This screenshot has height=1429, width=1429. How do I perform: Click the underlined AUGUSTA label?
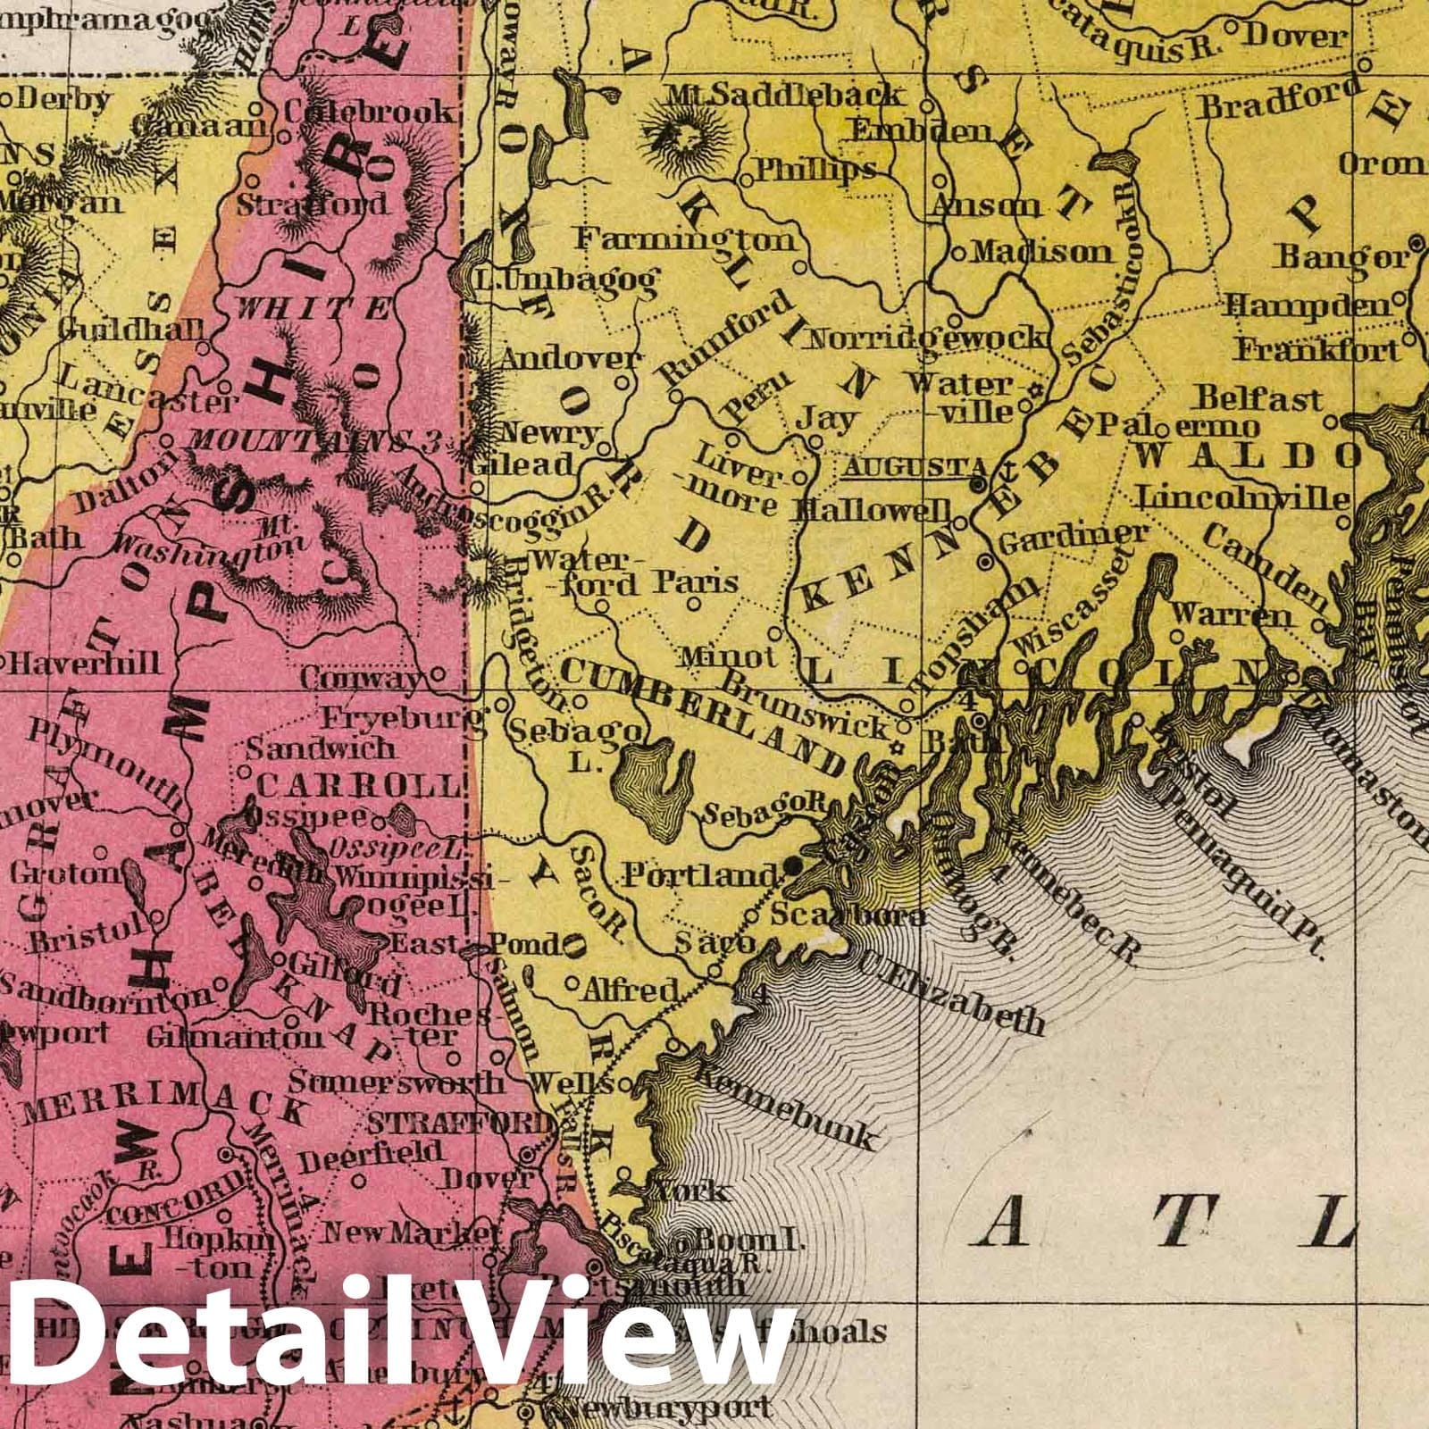pyautogui.click(x=914, y=467)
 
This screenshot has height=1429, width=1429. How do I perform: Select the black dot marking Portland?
pyautogui.click(x=793, y=865)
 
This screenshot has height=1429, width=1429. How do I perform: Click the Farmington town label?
pyautogui.click(x=685, y=239)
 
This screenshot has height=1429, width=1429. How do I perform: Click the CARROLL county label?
pyautogui.click(x=360, y=786)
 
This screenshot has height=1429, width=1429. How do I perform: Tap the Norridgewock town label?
pyautogui.click(x=924, y=338)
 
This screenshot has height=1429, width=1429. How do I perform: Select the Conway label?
pyautogui.click(x=359, y=678)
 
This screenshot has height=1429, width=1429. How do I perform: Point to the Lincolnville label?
pyautogui.click(x=1241, y=497)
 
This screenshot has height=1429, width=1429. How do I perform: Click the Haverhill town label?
pyautogui.click(x=86, y=662)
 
